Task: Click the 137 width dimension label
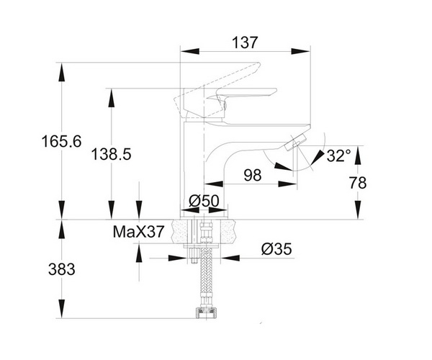(x=245, y=42)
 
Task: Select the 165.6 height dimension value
(x=62, y=142)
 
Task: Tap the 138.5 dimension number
(x=112, y=154)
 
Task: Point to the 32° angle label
(x=339, y=156)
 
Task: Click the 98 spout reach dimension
(x=253, y=175)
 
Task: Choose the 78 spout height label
(x=358, y=183)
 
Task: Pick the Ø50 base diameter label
(x=204, y=201)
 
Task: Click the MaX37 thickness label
(x=138, y=232)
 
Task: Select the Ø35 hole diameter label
(x=276, y=249)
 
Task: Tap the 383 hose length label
(x=62, y=269)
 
